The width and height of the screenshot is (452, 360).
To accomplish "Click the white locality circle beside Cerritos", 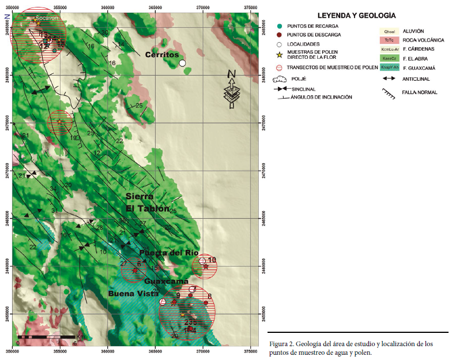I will pyautogui.click(x=182, y=63).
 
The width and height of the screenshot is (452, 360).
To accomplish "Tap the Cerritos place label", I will pyautogui.click(x=162, y=54).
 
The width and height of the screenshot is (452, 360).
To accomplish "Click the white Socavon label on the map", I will pyautogui.click(x=46, y=18).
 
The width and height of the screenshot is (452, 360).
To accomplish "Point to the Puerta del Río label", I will pyautogui.click(x=169, y=253).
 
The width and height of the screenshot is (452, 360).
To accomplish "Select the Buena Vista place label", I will pyautogui.click(x=132, y=294).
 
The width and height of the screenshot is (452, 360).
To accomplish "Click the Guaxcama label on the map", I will pyautogui.click(x=163, y=282).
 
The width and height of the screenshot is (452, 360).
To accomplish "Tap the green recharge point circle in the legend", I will pyautogui.click(x=280, y=27).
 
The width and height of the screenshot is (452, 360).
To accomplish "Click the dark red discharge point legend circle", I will pyautogui.click(x=280, y=35).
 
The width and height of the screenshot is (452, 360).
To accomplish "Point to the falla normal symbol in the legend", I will pyautogui.click(x=390, y=92).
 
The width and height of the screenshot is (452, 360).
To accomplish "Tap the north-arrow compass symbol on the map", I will pyautogui.click(x=232, y=89).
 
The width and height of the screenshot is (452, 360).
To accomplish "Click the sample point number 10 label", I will pyautogui.click(x=212, y=260).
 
